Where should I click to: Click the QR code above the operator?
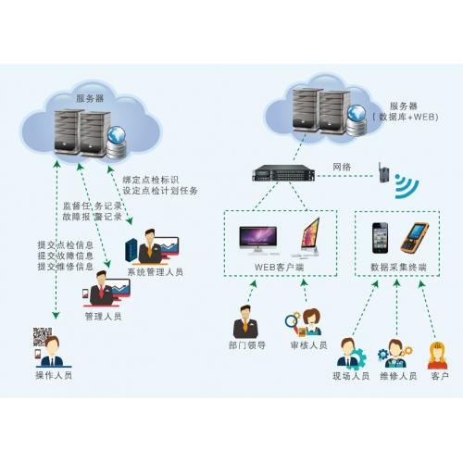click(42, 336)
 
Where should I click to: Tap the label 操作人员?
click(54, 375)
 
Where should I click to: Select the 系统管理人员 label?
click(156, 272)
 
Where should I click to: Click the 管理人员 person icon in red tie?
click(101, 289)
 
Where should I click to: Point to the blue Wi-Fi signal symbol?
click(407, 186)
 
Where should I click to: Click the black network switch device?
click(283, 173)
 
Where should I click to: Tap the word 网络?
click(342, 167)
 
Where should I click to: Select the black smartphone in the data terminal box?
click(380, 238)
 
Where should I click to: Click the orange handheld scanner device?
click(414, 237)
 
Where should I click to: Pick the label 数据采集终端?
click(398, 267)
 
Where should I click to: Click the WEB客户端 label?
click(280, 267)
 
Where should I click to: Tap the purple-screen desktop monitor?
click(258, 240)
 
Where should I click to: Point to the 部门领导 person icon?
click(245, 321)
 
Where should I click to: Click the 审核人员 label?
click(308, 345)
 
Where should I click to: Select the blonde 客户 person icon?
click(438, 356)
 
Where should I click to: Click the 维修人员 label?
click(398, 376)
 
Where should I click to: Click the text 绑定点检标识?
click(151, 180)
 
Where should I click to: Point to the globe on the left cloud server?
click(116, 135)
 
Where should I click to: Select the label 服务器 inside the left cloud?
click(90, 98)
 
